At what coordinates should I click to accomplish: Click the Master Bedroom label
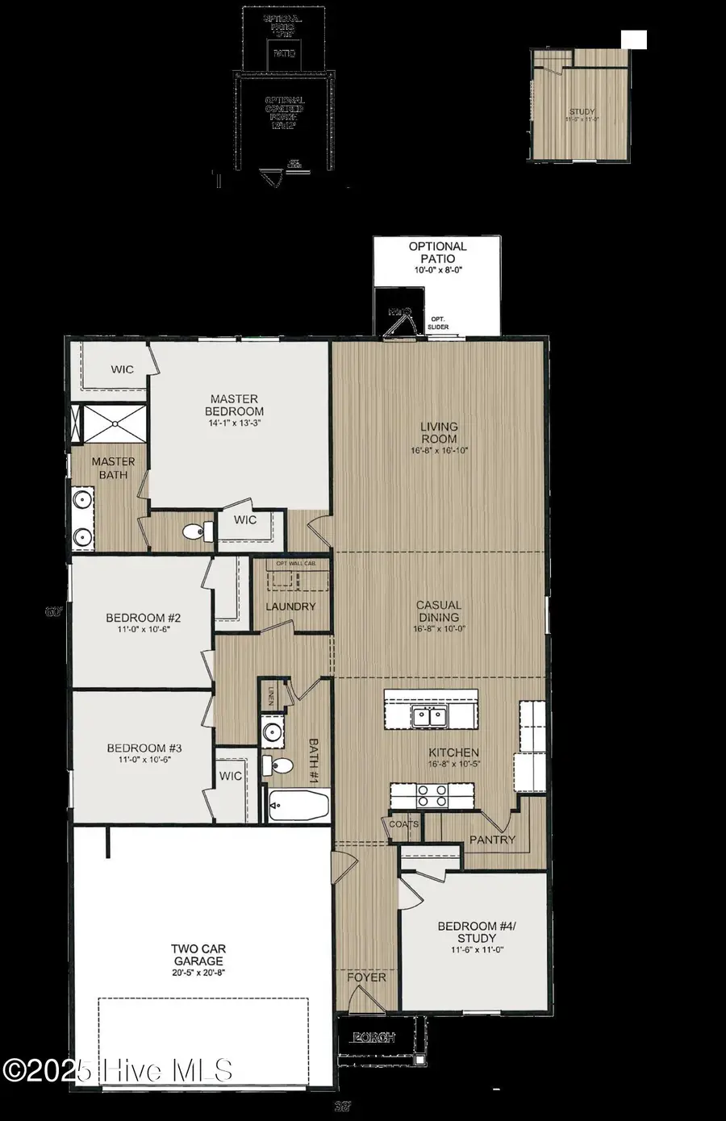(x=234, y=405)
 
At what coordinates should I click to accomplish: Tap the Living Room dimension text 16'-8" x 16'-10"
(x=439, y=451)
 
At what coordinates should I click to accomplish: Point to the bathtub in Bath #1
(x=298, y=806)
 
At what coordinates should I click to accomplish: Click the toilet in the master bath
(x=196, y=531)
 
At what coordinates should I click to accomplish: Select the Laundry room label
(x=290, y=606)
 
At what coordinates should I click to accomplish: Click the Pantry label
(x=492, y=840)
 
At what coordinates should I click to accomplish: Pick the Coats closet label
(x=404, y=824)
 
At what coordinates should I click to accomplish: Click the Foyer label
(x=367, y=977)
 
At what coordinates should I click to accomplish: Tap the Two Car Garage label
(x=198, y=956)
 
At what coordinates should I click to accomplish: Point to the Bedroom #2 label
(x=144, y=619)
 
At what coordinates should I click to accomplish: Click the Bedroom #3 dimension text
(x=144, y=760)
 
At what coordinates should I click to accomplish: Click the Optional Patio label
(x=437, y=252)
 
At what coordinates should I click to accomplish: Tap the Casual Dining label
(x=439, y=611)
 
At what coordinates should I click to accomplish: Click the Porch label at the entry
(x=376, y=1037)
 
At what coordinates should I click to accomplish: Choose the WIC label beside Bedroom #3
(x=231, y=776)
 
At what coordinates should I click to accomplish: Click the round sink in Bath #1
(x=272, y=733)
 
